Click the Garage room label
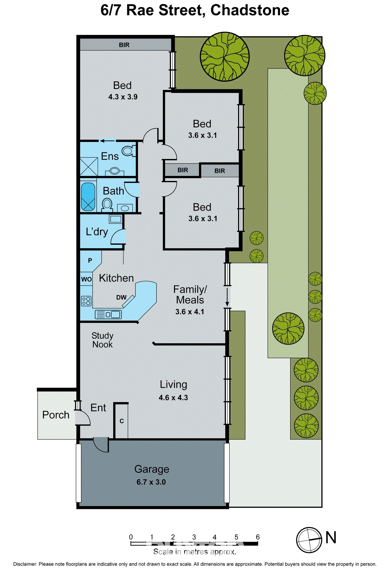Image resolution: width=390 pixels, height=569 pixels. [x=152, y=469]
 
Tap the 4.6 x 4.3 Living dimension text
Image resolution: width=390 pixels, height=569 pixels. [x=173, y=398]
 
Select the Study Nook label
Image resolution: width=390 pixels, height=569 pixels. [x=102, y=340]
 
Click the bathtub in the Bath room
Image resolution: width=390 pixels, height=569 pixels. [x=88, y=196]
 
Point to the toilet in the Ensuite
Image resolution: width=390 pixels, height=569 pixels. [x=128, y=151]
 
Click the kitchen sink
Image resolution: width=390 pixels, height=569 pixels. [x=108, y=314]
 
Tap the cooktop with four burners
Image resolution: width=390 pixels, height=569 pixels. [x=86, y=301]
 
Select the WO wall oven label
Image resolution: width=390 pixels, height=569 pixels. [x=86, y=279]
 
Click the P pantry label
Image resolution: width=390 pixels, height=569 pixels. [x=90, y=260]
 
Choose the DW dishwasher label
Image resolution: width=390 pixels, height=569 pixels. [x=121, y=297]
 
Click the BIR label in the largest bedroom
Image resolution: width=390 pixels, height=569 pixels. [x=124, y=45]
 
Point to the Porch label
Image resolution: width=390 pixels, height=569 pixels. [x=56, y=415]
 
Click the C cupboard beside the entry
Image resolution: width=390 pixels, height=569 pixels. [x=121, y=421]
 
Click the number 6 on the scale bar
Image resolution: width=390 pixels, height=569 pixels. [x=258, y=537]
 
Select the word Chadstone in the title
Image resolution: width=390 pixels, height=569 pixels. [x=249, y=10]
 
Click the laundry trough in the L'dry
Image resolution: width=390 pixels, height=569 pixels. [x=115, y=219]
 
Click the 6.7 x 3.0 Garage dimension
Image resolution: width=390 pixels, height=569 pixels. [x=151, y=482]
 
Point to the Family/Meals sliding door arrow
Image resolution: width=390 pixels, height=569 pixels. [x=227, y=297]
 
